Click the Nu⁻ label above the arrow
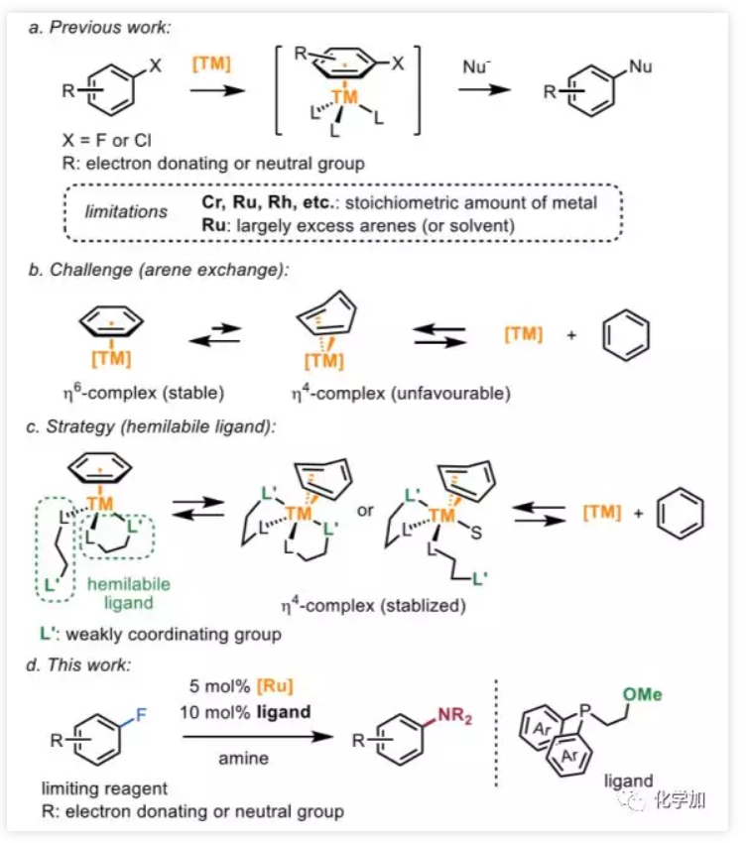[477, 67]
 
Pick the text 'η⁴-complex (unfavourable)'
[400, 393]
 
